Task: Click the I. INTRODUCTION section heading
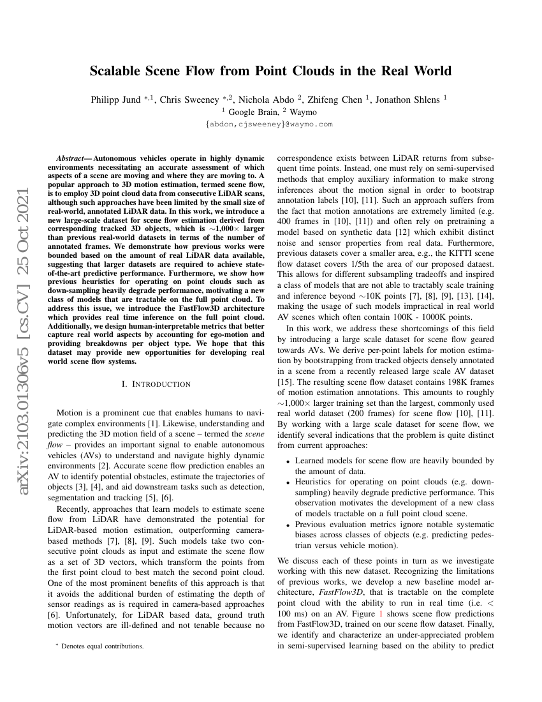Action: click(x=156, y=384)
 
